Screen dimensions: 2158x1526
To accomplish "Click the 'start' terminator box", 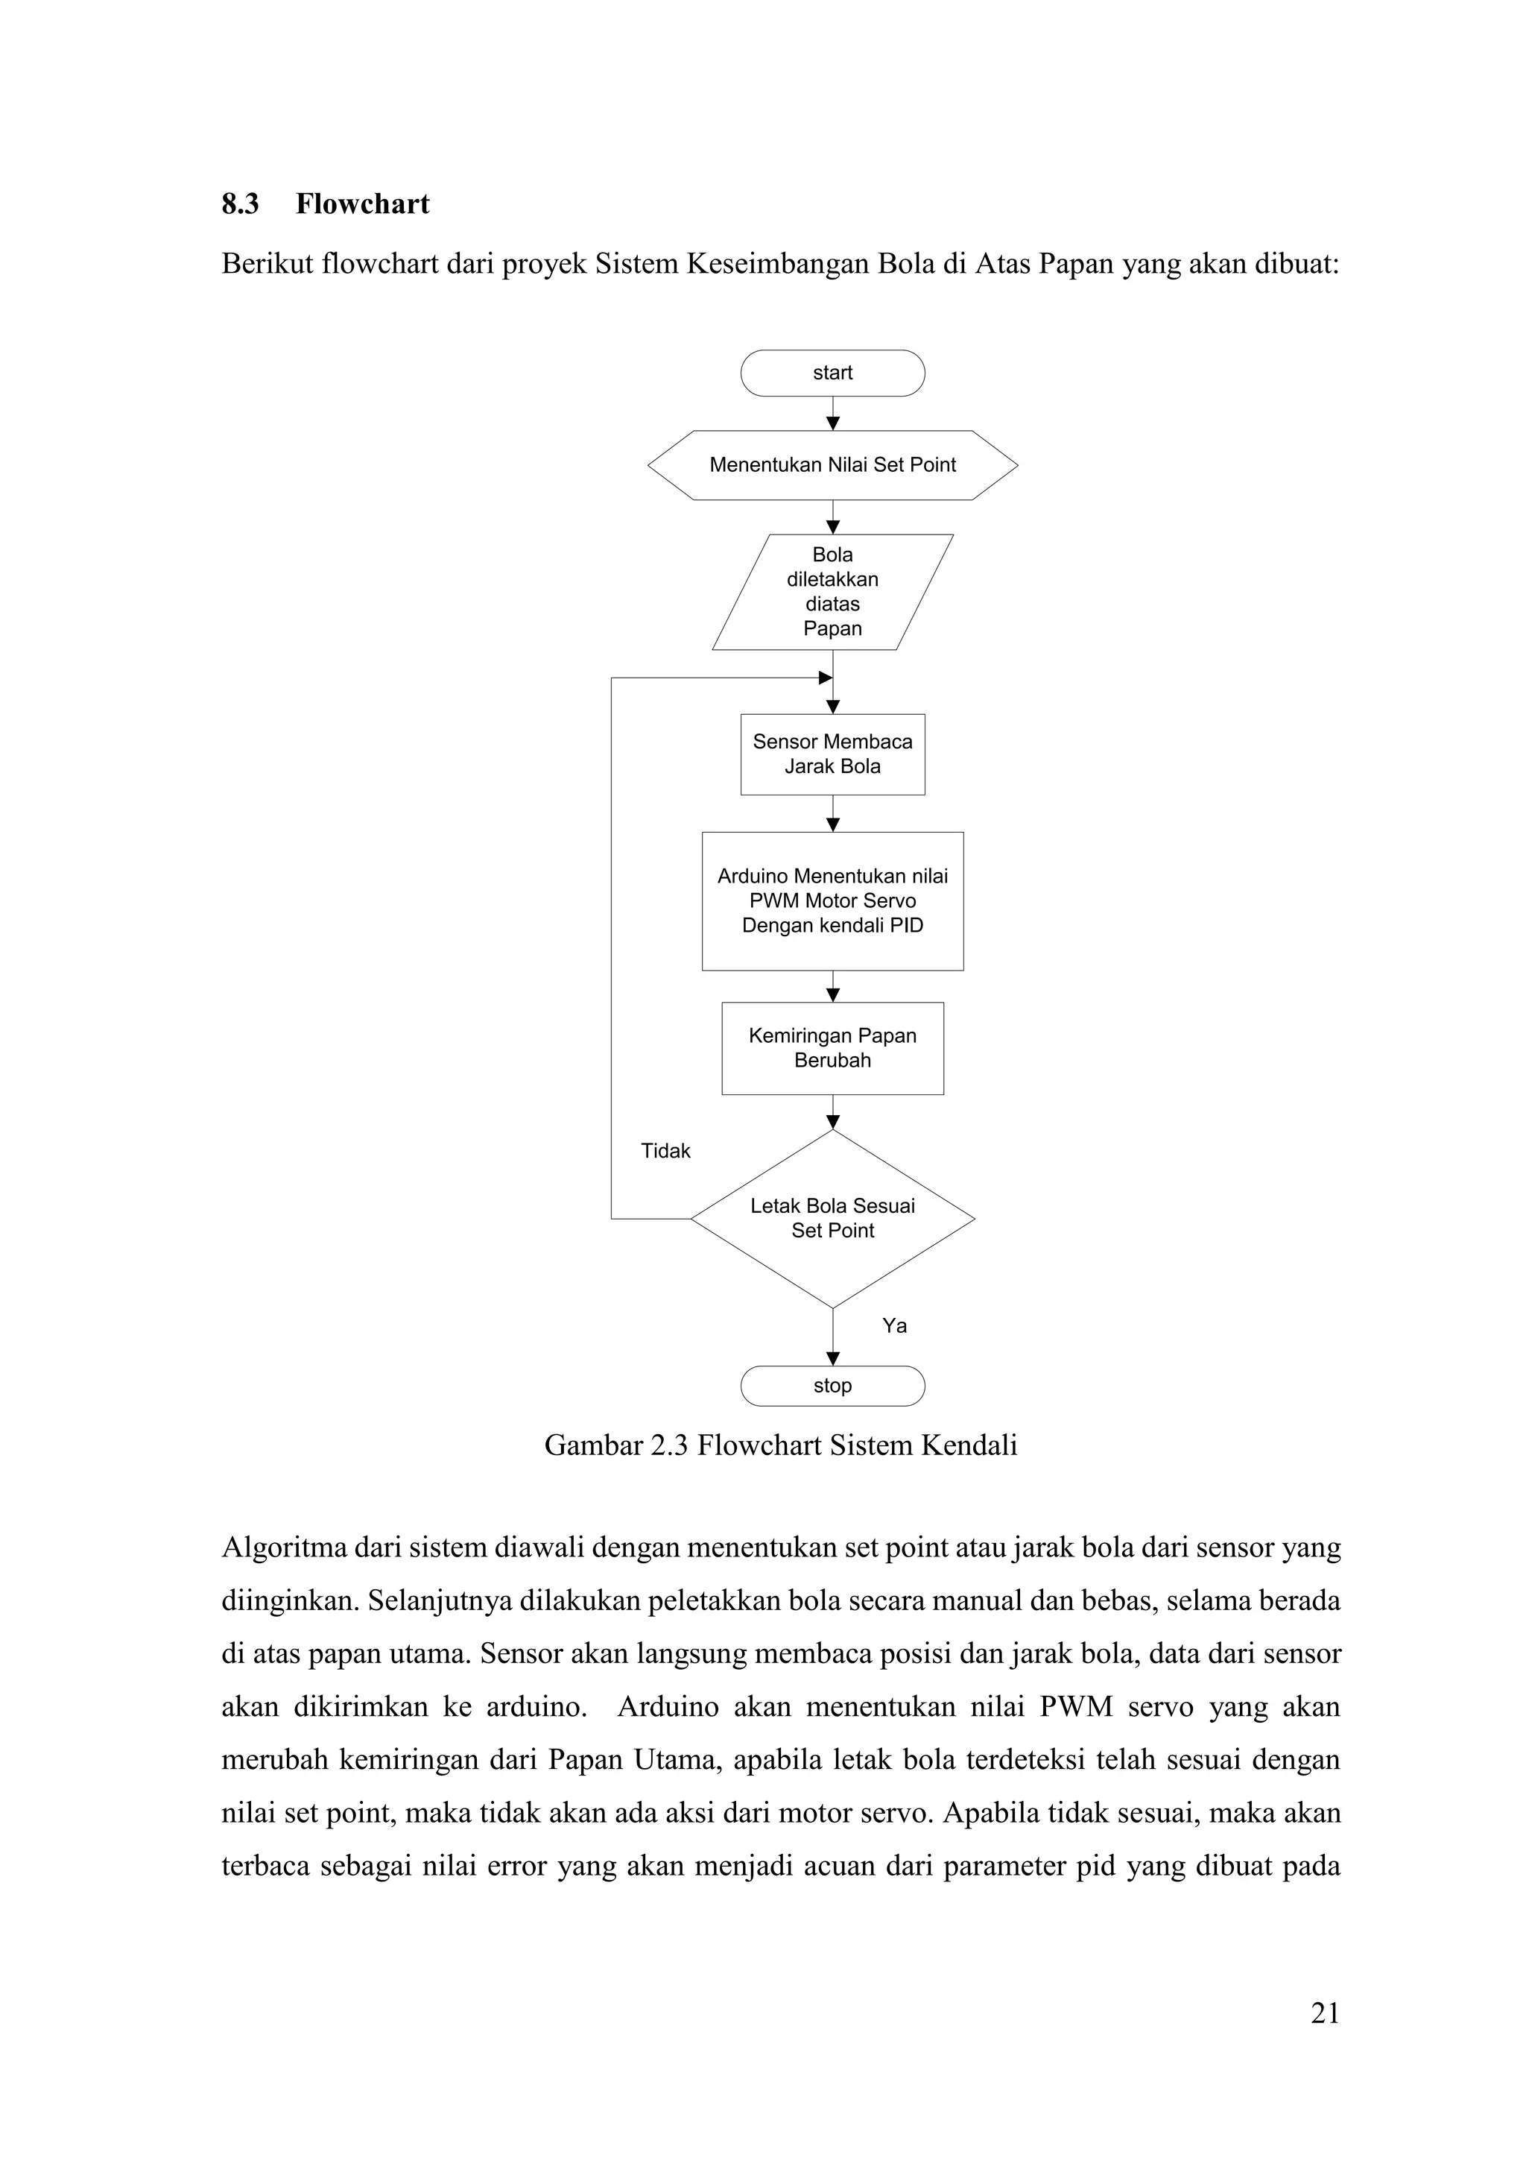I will point(832,373).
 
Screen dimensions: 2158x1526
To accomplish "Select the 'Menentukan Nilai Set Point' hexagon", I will point(832,465).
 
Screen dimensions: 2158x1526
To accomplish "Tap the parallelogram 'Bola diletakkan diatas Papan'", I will point(832,592).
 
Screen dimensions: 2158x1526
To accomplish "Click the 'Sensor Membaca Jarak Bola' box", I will point(832,754).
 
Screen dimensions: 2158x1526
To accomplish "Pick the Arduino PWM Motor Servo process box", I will point(832,900).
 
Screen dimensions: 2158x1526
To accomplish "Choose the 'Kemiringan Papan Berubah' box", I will point(832,1048).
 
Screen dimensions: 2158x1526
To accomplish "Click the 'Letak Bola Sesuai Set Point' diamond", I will point(832,1218).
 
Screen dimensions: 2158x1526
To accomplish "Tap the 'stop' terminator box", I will point(832,1386).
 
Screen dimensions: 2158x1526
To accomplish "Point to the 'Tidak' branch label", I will point(665,1152).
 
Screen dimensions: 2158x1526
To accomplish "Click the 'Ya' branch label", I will point(895,1326).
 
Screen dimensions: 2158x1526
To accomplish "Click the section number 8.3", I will point(241,204).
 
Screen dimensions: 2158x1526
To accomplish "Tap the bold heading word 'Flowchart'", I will point(362,204).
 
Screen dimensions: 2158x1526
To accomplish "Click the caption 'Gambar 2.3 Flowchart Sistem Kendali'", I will point(781,1445).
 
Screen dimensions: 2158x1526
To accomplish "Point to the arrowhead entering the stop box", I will point(832,1359).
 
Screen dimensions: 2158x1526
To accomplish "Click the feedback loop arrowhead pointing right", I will point(826,678).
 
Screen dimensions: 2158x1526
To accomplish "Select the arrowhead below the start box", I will point(832,424).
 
